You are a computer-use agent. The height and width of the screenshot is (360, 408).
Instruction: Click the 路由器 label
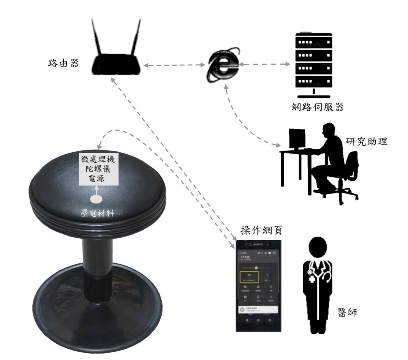point(63,63)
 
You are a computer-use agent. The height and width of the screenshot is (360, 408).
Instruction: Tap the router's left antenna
point(97,40)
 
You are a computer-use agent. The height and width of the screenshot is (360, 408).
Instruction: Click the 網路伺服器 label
point(316,107)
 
